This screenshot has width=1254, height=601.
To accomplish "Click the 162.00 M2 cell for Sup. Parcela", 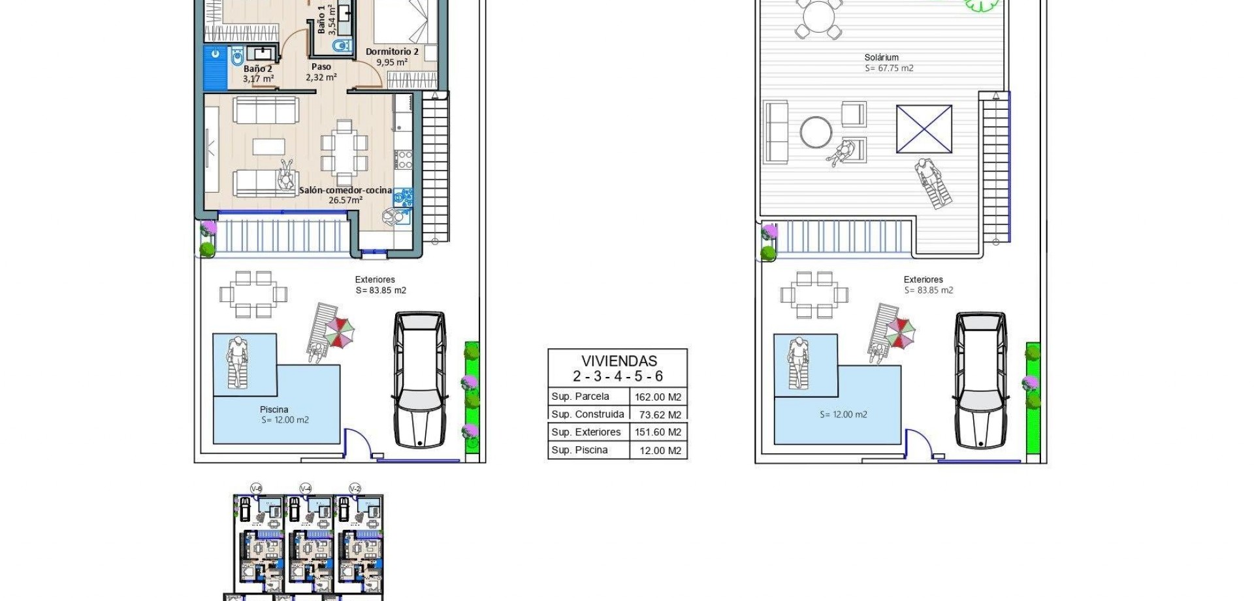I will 658,397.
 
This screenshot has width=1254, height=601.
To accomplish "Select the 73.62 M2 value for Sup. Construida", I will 660,415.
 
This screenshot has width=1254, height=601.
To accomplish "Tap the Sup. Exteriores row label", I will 586,432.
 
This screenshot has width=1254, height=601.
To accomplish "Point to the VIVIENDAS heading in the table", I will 619,361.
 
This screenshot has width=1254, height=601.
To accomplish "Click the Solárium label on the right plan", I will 881,57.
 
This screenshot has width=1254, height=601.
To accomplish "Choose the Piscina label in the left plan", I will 274,410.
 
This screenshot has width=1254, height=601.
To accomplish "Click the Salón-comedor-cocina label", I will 346,191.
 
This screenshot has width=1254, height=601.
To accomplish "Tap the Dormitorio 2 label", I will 392,52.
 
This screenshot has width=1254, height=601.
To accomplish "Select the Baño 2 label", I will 257,69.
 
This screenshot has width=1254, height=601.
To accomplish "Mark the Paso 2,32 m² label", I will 321,72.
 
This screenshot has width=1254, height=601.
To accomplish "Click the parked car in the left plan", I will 420,379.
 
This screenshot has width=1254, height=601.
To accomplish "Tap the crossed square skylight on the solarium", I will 924,129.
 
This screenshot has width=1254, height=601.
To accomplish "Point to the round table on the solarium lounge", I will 816,132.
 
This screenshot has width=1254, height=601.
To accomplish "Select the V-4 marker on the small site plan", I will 305,489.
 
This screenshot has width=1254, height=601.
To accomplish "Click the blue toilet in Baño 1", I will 341,46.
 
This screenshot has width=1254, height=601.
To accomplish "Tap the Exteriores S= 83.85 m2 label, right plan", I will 927,285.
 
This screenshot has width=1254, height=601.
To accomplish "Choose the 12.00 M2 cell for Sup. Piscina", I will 660,450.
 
